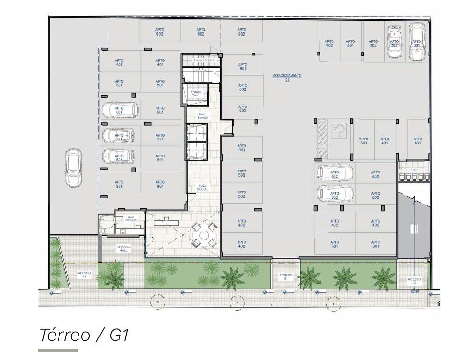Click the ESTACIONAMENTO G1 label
pos(287,78)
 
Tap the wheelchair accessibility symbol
pos(340,129)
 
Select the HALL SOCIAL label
pos(202,187)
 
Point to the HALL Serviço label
pos(202,116)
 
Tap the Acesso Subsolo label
pos(201,60)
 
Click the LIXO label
pos(414,170)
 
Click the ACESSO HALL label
pos(123,249)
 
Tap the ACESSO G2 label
pos(414,281)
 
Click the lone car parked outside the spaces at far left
pos(73,168)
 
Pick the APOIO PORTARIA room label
pos(131,218)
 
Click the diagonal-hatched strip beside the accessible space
pos(321,139)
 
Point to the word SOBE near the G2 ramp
pos(414,291)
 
